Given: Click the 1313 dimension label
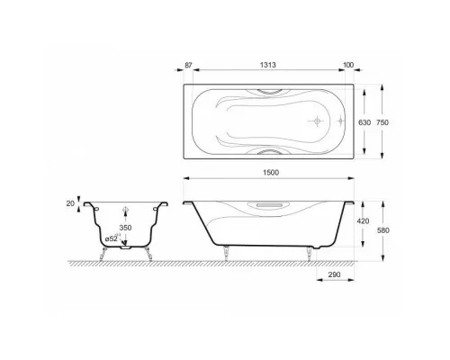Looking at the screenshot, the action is [268, 65].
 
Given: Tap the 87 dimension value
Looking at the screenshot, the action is [188, 65].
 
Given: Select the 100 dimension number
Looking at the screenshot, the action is [348, 65].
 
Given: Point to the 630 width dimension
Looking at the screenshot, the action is [364, 122].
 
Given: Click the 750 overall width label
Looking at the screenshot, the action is [382, 122].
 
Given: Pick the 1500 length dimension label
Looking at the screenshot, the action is [271, 173].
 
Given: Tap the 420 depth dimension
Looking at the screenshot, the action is [363, 221].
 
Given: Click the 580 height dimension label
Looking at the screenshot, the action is [383, 230].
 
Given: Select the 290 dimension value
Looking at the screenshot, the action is [335, 274].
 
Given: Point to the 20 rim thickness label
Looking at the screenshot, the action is [70, 203].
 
